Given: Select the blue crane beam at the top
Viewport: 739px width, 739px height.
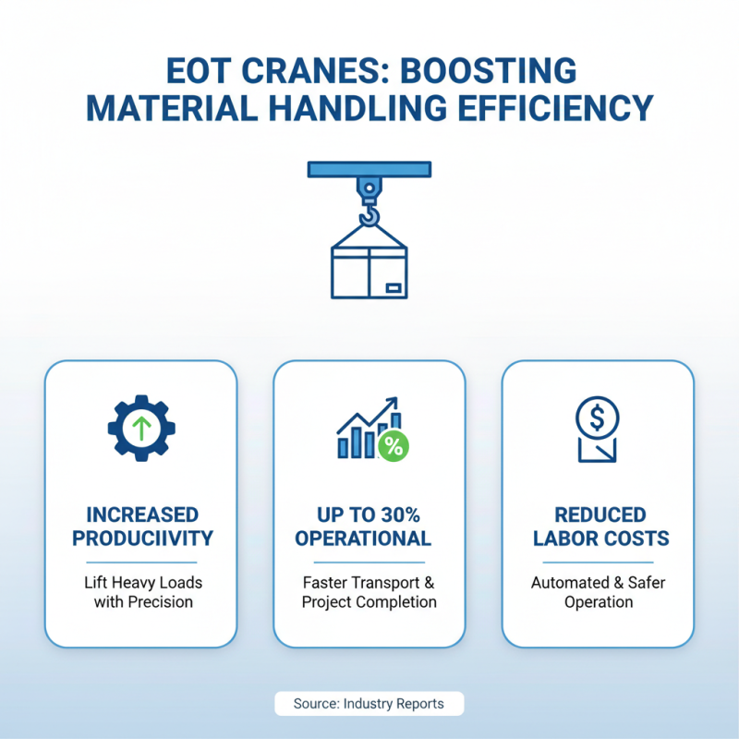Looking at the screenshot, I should click(x=369, y=170).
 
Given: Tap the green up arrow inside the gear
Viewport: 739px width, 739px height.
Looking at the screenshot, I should click(x=140, y=428).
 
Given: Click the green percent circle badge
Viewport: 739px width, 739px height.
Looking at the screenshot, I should click(x=394, y=447).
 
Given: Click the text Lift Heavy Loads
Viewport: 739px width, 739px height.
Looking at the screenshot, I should click(x=141, y=583).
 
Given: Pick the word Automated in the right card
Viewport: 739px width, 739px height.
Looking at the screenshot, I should click(x=566, y=583).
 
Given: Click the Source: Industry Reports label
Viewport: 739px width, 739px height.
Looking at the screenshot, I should click(x=369, y=704).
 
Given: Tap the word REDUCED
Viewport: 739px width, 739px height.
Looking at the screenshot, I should click(x=598, y=515).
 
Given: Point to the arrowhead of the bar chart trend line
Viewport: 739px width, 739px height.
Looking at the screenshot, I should click(x=394, y=403).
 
